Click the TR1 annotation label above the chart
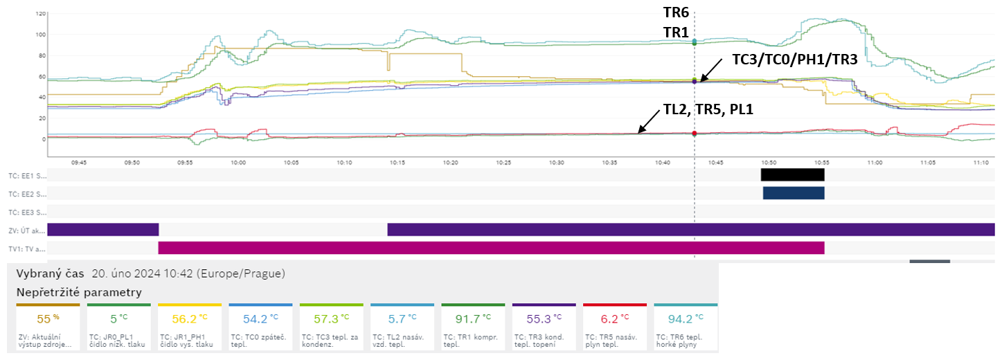[x=676, y=32]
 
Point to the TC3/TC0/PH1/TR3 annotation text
[x=795, y=60]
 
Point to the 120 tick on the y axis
[x=40, y=14]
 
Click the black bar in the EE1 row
[x=792, y=174]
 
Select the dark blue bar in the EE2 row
[x=794, y=193]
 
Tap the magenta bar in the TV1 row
[x=491, y=248]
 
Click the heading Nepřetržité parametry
[x=79, y=292]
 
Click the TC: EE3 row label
[x=27, y=212]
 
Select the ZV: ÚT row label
[x=27, y=230]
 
